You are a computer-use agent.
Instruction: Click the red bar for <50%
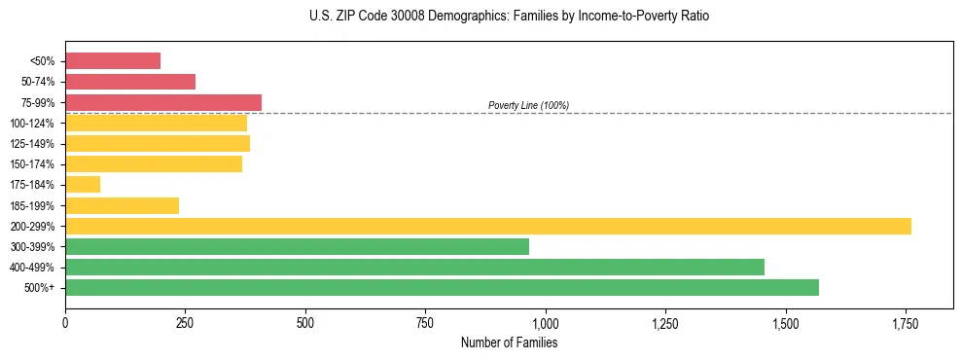(x=113, y=61)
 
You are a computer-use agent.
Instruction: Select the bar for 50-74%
(x=130, y=82)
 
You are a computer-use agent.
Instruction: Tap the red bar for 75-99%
(x=163, y=102)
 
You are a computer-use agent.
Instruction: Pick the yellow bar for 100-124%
(x=156, y=124)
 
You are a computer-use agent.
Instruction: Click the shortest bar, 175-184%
(x=83, y=185)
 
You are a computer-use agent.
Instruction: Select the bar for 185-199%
(x=122, y=205)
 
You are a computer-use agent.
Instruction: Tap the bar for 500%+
(x=442, y=288)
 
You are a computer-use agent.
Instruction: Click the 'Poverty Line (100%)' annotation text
(x=528, y=105)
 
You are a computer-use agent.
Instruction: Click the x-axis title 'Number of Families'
(x=509, y=343)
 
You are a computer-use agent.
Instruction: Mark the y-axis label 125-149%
(x=32, y=144)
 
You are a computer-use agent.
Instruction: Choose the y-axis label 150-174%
(x=32, y=164)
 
